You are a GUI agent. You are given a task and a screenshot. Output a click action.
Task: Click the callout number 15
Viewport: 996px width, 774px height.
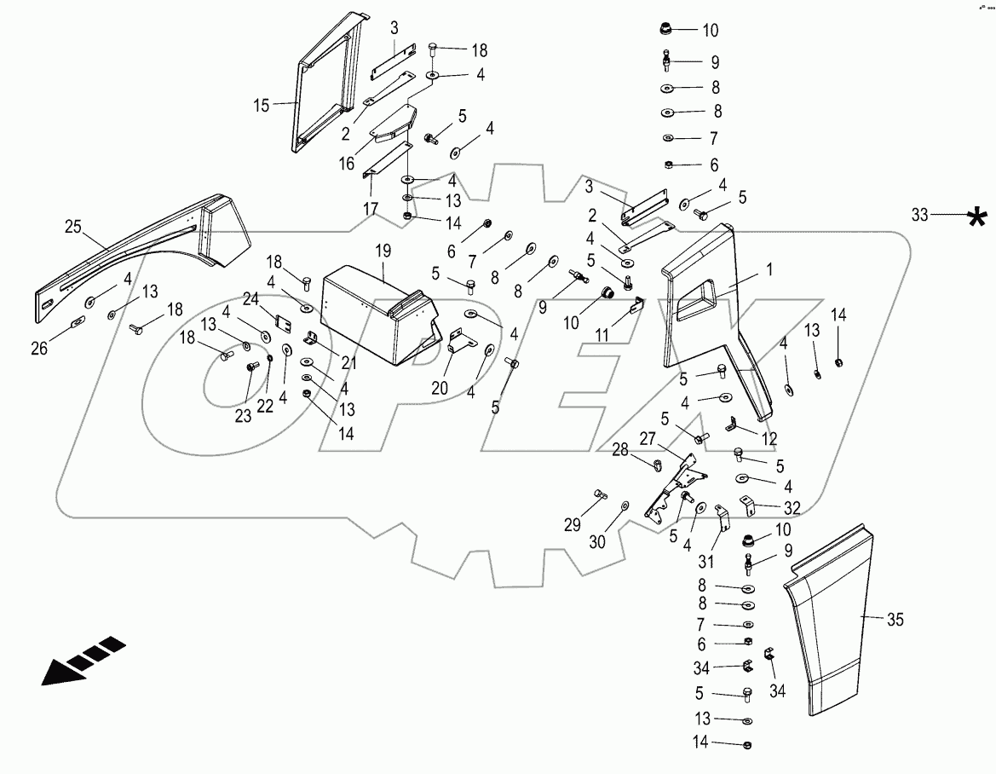point(262,105)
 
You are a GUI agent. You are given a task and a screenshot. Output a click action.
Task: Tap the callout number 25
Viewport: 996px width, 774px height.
point(73,226)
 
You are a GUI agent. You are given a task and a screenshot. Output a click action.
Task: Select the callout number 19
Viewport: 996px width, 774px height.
point(383,251)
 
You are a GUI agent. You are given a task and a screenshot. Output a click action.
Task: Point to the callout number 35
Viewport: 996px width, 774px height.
point(895,619)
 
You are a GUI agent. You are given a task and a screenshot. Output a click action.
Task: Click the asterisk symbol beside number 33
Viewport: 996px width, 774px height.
point(977,217)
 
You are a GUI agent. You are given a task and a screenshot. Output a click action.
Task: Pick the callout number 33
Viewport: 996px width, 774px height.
point(920,216)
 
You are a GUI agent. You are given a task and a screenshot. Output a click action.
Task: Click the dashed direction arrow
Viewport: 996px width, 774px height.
point(83,661)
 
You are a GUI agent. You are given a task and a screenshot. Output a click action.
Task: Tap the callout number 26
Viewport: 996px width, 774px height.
point(39,349)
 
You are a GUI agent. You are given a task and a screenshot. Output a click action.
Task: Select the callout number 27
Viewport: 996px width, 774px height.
point(648,439)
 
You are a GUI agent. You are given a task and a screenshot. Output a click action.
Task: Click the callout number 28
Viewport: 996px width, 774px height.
point(620,450)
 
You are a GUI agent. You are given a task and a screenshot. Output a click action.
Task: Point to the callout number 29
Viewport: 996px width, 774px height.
point(573,525)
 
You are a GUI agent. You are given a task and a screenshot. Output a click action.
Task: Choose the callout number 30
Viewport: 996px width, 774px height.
point(597,541)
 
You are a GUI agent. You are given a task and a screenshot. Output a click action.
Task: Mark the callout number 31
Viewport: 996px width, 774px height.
point(706,561)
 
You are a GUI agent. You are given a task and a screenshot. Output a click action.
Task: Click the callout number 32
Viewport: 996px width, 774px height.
point(792,508)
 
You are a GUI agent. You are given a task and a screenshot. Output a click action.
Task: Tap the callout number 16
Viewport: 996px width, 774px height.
point(346,164)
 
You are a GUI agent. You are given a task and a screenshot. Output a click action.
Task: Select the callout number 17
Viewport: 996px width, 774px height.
point(371,209)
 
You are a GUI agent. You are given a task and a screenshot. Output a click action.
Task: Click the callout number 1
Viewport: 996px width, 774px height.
point(770,270)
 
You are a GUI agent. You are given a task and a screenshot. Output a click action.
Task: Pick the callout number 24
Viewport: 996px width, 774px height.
point(250,298)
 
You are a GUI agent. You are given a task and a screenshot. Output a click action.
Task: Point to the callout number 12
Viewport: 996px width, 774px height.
point(769,438)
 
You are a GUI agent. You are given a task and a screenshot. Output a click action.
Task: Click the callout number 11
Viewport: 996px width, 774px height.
point(602,335)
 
